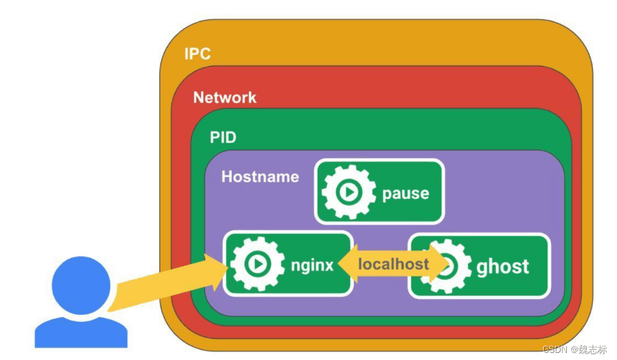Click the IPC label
point(197,53)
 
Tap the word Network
point(225,98)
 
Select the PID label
point(223,138)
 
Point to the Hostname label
point(260,176)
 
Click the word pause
point(405,193)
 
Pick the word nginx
point(312,264)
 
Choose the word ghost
point(503,266)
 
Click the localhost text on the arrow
point(393,264)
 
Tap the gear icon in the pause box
point(349,192)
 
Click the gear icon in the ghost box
point(445,266)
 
